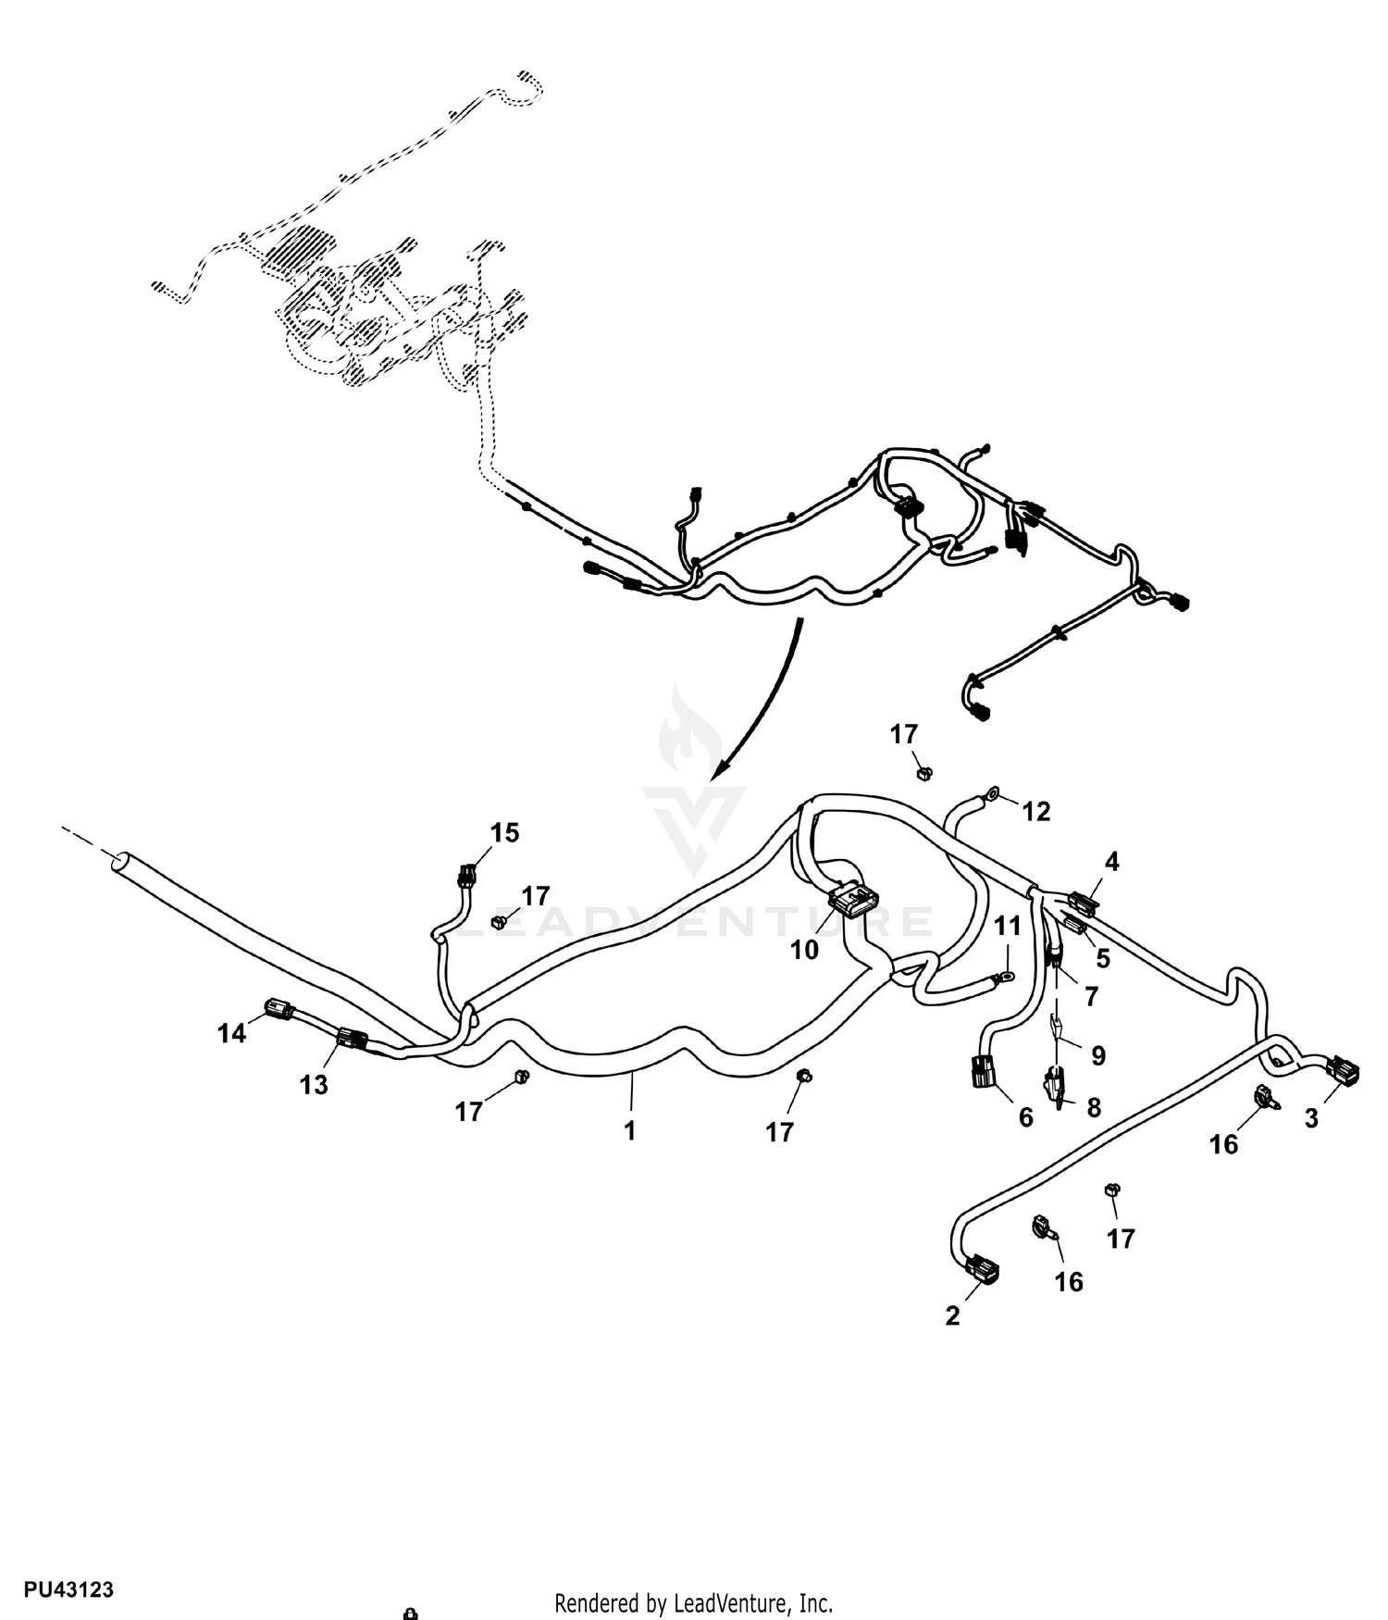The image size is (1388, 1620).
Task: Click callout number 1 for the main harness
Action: [630, 1130]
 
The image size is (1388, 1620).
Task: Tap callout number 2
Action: [952, 1315]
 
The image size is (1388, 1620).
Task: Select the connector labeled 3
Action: [1344, 1071]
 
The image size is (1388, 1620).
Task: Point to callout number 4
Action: [1111, 862]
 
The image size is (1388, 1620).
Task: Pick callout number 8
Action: [1094, 1107]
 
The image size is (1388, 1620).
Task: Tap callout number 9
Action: [1098, 1055]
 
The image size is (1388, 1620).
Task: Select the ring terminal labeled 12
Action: [992, 792]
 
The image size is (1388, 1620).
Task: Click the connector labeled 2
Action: [982, 1269]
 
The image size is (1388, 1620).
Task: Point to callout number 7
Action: [1091, 996]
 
